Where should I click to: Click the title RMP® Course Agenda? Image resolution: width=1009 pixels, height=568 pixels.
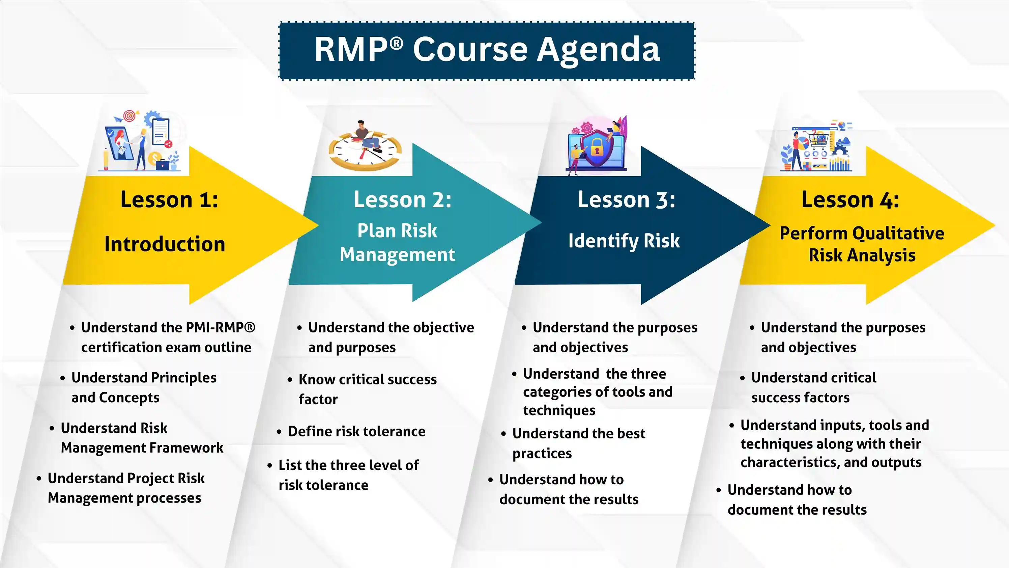coord(487,50)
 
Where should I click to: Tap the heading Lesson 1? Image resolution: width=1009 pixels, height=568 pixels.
coord(169,199)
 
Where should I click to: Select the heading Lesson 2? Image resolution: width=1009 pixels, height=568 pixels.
coord(402,199)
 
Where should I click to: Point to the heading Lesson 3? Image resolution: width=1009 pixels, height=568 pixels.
coord(626,199)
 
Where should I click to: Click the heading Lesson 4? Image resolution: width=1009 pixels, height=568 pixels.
coord(850,199)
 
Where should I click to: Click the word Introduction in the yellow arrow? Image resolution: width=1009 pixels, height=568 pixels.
coord(165,244)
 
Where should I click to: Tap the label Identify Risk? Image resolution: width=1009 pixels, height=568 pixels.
coord(624,241)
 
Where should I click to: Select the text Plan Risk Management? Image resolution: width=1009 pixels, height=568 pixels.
coord(397,242)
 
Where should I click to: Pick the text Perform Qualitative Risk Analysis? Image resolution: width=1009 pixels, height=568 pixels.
coord(862,244)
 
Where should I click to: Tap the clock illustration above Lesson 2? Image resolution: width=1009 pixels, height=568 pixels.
coord(365,153)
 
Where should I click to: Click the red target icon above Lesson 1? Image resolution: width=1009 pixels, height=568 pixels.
coord(129,116)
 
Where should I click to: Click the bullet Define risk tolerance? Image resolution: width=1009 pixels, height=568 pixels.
coord(356,431)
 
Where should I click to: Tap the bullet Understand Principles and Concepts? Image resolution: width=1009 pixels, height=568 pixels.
coord(143,387)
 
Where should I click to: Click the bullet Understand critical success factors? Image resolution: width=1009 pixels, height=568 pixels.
coord(813,387)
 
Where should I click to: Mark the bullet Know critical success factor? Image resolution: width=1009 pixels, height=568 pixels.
coord(367,389)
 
